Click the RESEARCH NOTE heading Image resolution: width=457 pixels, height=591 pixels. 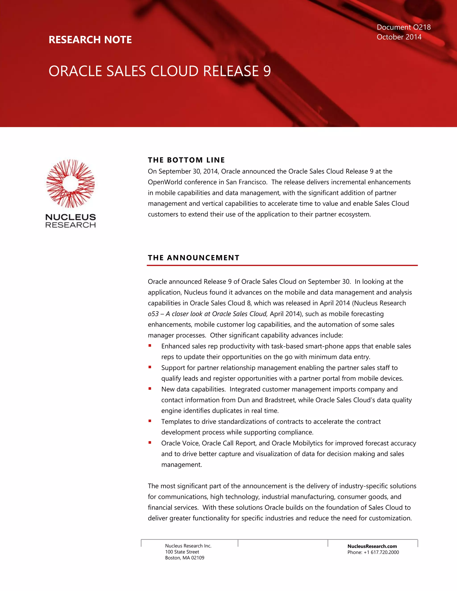pyautogui.click(x=90, y=40)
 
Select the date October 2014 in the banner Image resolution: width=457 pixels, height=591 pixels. pyautogui.click(x=399, y=37)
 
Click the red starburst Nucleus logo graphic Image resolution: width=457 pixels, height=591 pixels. pyautogui.click(x=70, y=184)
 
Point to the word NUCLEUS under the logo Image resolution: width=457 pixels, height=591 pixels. pyautogui.click(x=70, y=217)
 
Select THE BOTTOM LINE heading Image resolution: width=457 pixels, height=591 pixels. pyautogui.click(x=186, y=160)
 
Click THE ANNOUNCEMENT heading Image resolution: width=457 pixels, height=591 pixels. pyautogui.click(x=193, y=258)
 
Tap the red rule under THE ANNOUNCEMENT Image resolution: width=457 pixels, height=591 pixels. pyautogui.click(x=282, y=265)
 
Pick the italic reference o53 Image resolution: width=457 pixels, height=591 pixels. pyautogui.click(x=153, y=314)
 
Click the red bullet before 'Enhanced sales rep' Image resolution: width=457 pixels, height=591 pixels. pyautogui.click(x=150, y=345)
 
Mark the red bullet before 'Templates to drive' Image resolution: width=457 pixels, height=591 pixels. pyautogui.click(x=150, y=421)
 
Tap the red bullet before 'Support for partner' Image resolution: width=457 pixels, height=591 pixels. pyautogui.click(x=150, y=367)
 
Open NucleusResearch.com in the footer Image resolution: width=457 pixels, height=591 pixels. pyautogui.click(x=372, y=546)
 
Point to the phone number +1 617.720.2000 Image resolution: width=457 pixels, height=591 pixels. pyautogui.click(x=381, y=552)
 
